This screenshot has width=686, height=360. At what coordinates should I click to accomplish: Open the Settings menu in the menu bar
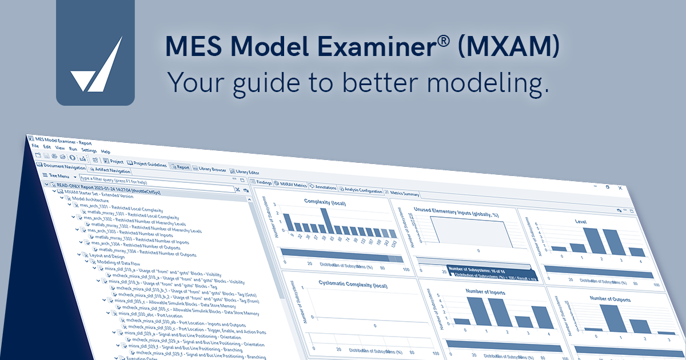coord(89,150)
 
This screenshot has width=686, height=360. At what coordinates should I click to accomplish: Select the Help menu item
coord(106,151)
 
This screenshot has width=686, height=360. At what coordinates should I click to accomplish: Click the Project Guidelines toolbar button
coord(147,164)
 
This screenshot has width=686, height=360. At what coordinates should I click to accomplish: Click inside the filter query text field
coord(154,179)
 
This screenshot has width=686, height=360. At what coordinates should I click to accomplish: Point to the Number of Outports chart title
coord(610,299)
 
